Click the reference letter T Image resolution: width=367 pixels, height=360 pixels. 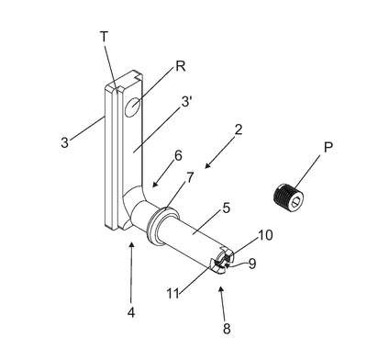(x=105, y=37)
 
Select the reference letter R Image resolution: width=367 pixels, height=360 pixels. (x=181, y=66)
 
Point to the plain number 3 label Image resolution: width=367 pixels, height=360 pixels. (x=64, y=142)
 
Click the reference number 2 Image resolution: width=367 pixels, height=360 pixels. (x=239, y=129)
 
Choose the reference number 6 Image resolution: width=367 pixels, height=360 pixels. (x=178, y=155)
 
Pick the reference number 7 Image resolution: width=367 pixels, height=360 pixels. (x=190, y=177)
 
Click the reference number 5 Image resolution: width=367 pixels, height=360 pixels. (x=226, y=208)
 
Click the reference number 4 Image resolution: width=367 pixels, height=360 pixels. (x=131, y=312)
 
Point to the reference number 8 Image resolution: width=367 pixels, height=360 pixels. (x=227, y=329)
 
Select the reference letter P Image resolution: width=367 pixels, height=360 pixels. (x=328, y=148)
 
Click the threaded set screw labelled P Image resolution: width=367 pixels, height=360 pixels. (x=288, y=197)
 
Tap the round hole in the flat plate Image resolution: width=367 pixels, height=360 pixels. (x=132, y=107)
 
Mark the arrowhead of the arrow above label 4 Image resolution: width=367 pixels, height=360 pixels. (x=132, y=244)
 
